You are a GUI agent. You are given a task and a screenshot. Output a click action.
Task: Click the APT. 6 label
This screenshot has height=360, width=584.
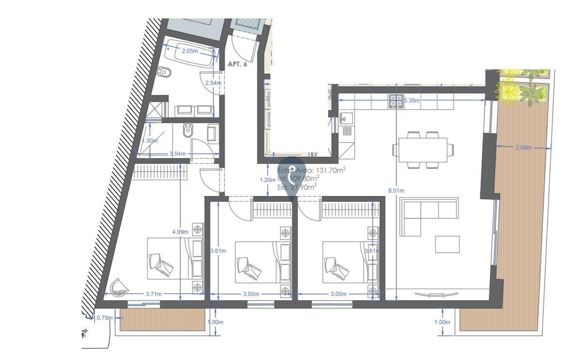(237, 64)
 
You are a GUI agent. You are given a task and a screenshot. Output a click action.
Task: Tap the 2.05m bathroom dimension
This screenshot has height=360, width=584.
(190, 51)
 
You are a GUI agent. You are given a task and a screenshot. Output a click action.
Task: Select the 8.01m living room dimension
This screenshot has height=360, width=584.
(396, 191)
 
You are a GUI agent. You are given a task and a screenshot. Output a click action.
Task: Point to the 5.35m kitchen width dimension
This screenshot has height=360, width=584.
(411, 101)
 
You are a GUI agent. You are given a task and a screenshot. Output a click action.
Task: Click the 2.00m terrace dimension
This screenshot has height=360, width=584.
(523, 147)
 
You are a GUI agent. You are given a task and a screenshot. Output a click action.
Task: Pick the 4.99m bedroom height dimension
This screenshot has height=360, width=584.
(180, 232)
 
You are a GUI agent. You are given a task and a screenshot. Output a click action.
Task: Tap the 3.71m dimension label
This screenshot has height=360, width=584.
(153, 294)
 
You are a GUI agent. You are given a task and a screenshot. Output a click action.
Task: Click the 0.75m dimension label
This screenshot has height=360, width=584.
(104, 318)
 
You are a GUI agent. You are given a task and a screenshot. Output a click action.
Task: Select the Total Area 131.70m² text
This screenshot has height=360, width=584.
(311, 170)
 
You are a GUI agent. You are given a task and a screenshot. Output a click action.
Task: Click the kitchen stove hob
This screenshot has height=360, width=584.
(395, 101)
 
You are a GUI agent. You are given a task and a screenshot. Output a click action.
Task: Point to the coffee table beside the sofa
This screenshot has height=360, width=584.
(447, 244)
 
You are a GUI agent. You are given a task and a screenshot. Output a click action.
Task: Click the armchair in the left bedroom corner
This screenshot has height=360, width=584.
(119, 287)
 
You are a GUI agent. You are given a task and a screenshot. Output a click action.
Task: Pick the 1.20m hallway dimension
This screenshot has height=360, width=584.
(267, 180)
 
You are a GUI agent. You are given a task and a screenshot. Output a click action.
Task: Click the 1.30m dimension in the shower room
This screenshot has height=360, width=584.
(150, 141)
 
